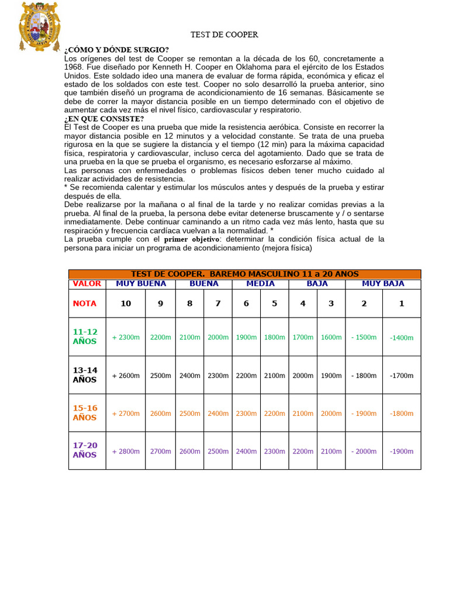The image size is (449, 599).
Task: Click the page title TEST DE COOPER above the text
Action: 224,35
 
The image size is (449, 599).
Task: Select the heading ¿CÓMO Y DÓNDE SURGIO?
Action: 116,50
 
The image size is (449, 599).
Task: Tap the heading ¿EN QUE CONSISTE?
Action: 104,119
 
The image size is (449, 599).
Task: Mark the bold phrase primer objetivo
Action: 191,239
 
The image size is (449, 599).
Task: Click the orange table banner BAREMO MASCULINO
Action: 244,274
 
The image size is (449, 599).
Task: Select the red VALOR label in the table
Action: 87,284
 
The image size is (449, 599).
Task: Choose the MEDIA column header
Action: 260,284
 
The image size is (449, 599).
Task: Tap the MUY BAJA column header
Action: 383,284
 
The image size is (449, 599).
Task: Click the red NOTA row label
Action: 85,304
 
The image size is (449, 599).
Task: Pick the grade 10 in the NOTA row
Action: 126,303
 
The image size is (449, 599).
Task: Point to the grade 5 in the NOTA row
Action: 274,303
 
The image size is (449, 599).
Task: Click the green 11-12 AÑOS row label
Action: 85,336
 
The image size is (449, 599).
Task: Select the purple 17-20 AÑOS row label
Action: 85,450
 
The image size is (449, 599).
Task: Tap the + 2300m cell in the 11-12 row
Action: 126,338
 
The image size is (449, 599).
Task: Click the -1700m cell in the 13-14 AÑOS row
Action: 402,376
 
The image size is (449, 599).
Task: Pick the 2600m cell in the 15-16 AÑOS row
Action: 160,414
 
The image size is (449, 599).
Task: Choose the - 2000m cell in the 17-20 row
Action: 364,451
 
